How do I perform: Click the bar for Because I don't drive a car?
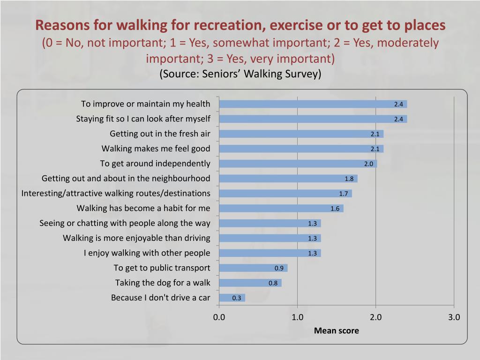(232, 298)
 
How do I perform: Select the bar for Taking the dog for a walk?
(250, 283)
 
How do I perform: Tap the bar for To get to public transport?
(253, 268)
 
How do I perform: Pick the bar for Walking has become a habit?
(281, 208)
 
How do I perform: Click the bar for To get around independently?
(298, 164)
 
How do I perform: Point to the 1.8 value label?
(349, 179)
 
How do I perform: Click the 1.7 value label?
(344, 194)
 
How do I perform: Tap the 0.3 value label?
(237, 298)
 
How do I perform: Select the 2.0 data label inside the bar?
(369, 164)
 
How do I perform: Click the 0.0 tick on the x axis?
(219, 317)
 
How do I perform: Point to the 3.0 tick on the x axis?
(454, 317)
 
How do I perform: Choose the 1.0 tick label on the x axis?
(297, 317)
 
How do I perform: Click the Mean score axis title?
(336, 330)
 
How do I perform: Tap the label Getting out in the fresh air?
(160, 134)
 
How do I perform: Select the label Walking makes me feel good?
(156, 149)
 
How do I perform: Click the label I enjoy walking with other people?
(147, 253)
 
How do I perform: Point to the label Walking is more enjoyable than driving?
(136, 238)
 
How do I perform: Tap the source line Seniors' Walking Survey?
(240, 74)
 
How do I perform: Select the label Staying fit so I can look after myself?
(143, 119)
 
